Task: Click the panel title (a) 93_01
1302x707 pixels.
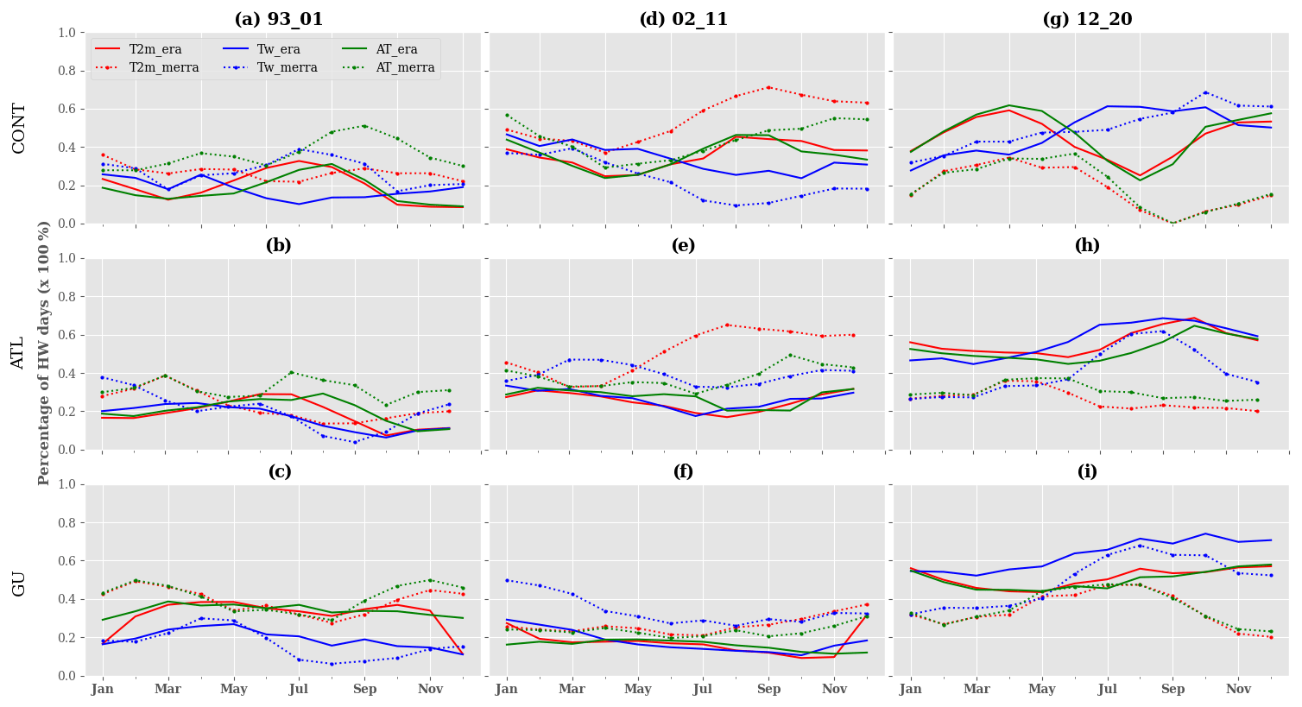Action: tap(279, 20)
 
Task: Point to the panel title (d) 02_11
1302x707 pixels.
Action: tap(683, 20)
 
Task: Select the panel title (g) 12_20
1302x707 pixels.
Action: tap(1087, 20)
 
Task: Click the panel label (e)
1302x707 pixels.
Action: tap(683, 246)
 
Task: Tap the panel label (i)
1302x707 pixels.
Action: tap(1087, 472)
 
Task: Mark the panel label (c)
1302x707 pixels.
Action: tap(279, 472)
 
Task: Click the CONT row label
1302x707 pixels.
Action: tap(19, 128)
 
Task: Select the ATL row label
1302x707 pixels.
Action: tap(19, 353)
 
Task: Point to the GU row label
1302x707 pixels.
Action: tap(19, 583)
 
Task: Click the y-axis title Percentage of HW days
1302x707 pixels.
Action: tap(45, 353)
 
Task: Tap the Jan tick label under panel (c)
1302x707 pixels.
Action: tap(102, 690)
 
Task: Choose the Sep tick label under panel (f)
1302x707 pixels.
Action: tap(768, 690)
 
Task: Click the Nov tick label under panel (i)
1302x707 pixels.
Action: tap(1238, 690)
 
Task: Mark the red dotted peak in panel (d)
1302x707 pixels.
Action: tap(768, 87)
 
